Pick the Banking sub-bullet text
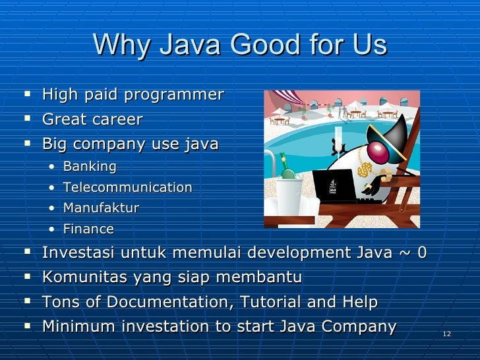[x=90, y=166]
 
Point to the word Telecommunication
[x=127, y=187]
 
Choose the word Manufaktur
[x=101, y=208]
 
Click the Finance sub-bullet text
[x=88, y=229]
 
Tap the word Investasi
[x=74, y=253]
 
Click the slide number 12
[x=446, y=334]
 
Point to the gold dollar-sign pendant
[x=364, y=169]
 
